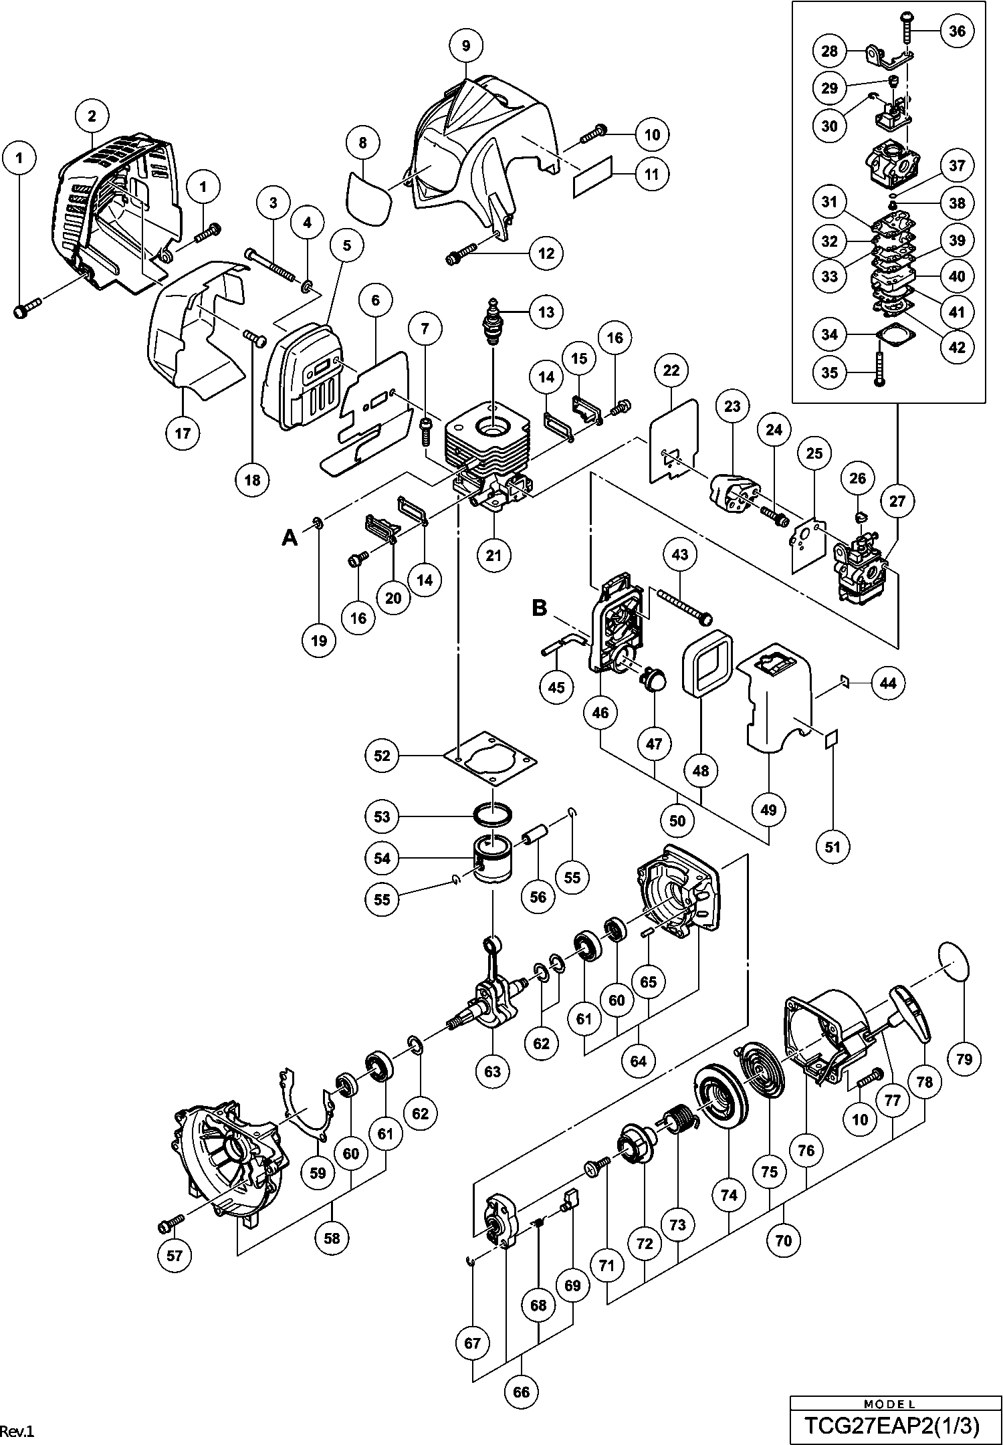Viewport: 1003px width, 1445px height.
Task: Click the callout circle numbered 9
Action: pos(466,45)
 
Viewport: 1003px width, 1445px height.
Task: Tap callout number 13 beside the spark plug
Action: pos(546,312)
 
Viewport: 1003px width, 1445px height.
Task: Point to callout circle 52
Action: pos(382,756)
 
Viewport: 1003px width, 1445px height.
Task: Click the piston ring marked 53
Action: pos(493,816)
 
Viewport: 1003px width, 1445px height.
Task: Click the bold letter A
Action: pos(289,536)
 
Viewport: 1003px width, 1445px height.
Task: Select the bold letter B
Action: pos(539,608)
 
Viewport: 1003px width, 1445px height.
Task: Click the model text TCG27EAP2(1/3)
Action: pos(891,1426)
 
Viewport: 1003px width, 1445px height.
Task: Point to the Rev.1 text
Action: pos(17,1432)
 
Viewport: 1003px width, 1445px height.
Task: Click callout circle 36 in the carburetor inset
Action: pos(958,31)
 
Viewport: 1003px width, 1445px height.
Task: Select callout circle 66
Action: pos(521,1392)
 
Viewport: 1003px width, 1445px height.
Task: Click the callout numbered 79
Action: pos(964,1058)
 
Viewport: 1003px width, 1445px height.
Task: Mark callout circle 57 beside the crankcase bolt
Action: pos(175,1256)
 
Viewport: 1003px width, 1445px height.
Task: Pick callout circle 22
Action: pos(671,370)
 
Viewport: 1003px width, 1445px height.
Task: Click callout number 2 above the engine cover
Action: pos(92,116)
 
